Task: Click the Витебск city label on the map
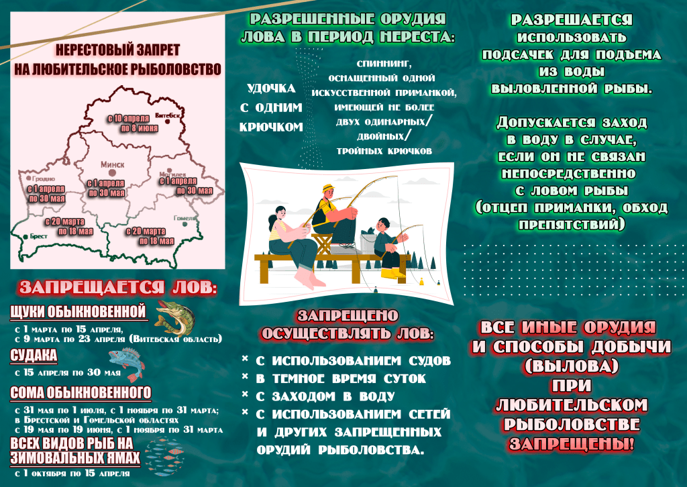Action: click(170, 115)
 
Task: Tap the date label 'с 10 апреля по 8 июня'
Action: click(133, 123)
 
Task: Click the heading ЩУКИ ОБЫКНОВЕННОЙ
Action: click(78, 311)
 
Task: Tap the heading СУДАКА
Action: click(34, 356)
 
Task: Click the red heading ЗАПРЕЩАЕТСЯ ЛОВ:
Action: click(118, 288)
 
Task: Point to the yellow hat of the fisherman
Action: click(328, 188)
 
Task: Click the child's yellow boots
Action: click(393, 273)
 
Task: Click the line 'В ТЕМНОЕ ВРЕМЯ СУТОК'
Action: click(342, 379)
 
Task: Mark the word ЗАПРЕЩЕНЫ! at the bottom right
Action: click(571, 444)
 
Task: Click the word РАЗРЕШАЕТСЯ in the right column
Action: click(571, 20)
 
